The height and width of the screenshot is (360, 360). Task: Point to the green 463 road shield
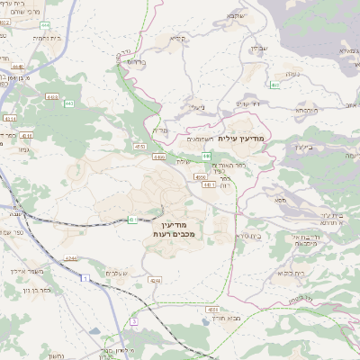[274, 85]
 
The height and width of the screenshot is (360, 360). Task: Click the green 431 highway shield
[132, 219]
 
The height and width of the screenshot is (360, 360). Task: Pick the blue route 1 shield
[85, 278]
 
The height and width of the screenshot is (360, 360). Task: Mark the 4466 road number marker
[158, 157]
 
